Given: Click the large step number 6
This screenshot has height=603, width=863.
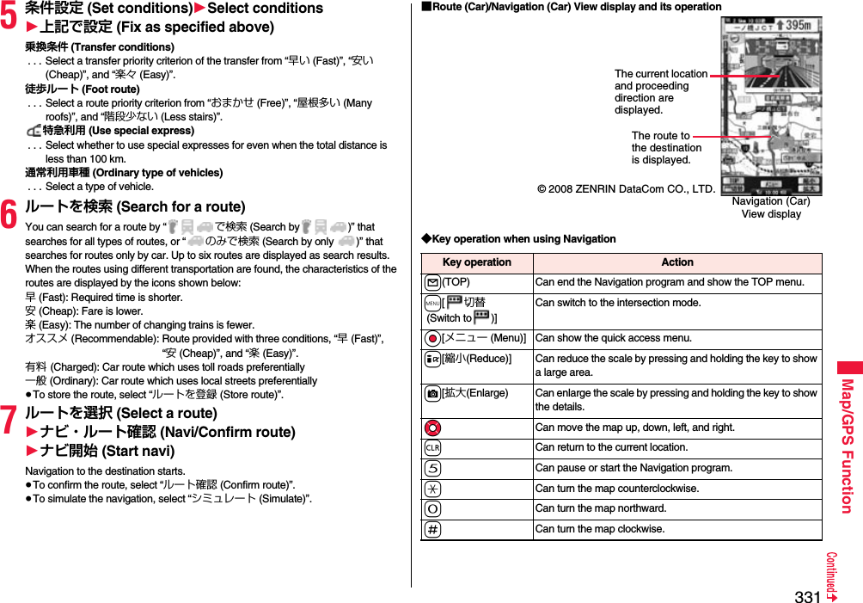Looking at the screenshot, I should tap(9, 215).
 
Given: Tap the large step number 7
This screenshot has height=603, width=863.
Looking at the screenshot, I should tap(9, 421).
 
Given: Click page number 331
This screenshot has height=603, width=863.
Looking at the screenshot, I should tap(807, 596).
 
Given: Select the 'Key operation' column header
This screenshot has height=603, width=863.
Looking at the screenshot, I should tap(476, 262).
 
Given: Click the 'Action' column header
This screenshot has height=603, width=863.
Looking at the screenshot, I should tap(676, 262).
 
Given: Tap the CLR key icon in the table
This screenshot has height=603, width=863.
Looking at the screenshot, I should tap(431, 447).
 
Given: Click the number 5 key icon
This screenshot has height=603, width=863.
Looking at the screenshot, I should tap(431, 468).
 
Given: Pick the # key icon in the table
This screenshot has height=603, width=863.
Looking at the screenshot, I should tap(431, 529).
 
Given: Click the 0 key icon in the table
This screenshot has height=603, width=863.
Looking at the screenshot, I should tap(431, 508).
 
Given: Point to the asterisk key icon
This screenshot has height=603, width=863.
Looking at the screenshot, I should tap(431, 489).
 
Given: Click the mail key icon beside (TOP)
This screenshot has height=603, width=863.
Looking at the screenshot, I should tap(431, 282).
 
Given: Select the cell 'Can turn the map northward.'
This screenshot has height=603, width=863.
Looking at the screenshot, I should tap(600, 508).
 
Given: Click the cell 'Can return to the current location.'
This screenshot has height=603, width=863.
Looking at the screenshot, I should tap(611, 447).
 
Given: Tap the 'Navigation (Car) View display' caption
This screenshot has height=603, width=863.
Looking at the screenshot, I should tap(771, 207).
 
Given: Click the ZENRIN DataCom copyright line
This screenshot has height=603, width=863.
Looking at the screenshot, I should tap(626, 188).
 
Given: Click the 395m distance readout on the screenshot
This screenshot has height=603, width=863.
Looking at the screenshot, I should tap(790, 26).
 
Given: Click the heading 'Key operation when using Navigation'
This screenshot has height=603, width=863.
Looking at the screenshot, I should tap(517, 239).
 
